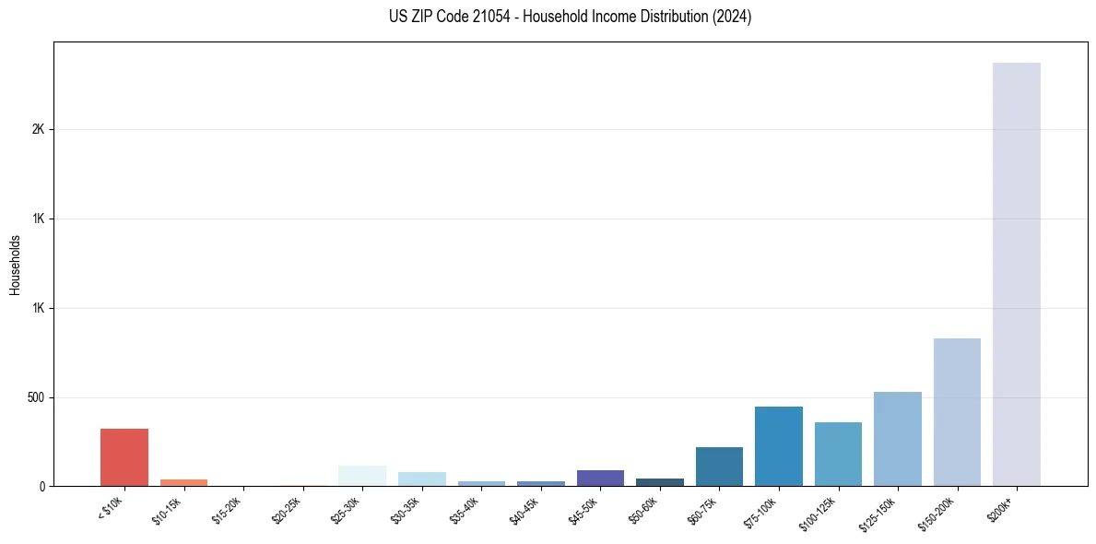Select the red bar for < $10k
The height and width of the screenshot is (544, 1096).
(x=124, y=457)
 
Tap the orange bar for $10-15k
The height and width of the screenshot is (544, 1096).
(x=183, y=482)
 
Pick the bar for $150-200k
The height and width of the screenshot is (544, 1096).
(x=957, y=412)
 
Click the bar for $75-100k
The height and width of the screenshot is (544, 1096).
(x=779, y=446)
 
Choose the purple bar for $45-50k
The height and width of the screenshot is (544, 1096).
(x=600, y=478)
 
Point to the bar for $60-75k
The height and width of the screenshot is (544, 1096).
(x=719, y=467)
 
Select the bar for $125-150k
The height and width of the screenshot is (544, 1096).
(x=898, y=439)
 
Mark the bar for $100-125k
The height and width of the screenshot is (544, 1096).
(x=838, y=454)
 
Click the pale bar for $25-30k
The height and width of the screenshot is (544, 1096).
(x=362, y=476)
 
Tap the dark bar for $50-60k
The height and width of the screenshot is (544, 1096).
(x=660, y=482)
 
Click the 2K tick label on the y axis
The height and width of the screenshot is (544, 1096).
(x=38, y=130)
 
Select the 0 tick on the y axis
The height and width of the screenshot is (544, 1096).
(x=41, y=486)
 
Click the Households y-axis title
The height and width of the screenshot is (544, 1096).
(x=15, y=265)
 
